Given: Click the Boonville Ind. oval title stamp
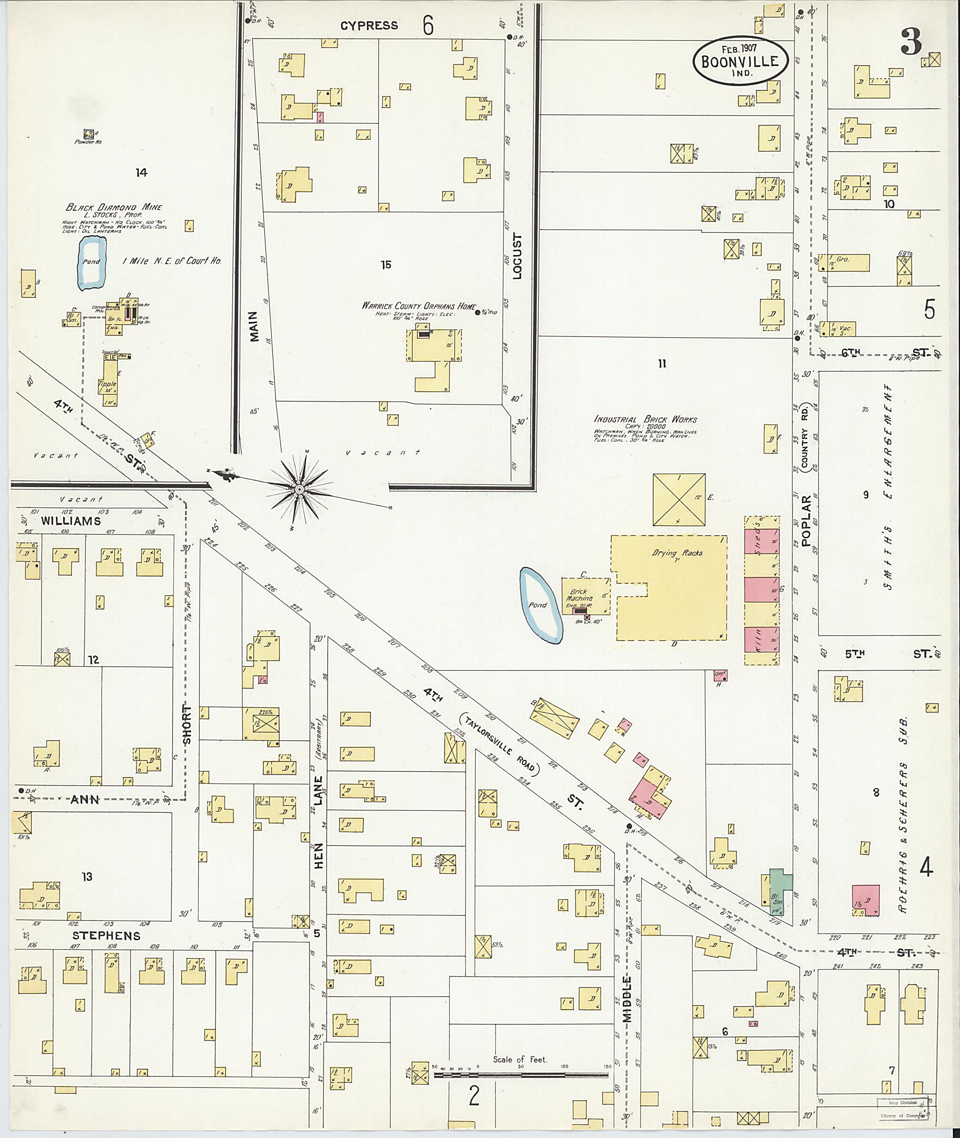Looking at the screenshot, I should pos(740,61).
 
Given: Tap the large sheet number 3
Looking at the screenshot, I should pos(911,43).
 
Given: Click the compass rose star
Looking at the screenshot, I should pos(299,490).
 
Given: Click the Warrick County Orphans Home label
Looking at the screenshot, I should pos(419,306).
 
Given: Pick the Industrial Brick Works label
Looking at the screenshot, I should pos(645,419).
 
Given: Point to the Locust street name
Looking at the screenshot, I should pos(517,256).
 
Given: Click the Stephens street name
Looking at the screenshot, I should pos(107,936).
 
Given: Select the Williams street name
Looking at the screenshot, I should pos(71,521).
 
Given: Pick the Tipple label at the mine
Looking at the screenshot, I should pos(107,384).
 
